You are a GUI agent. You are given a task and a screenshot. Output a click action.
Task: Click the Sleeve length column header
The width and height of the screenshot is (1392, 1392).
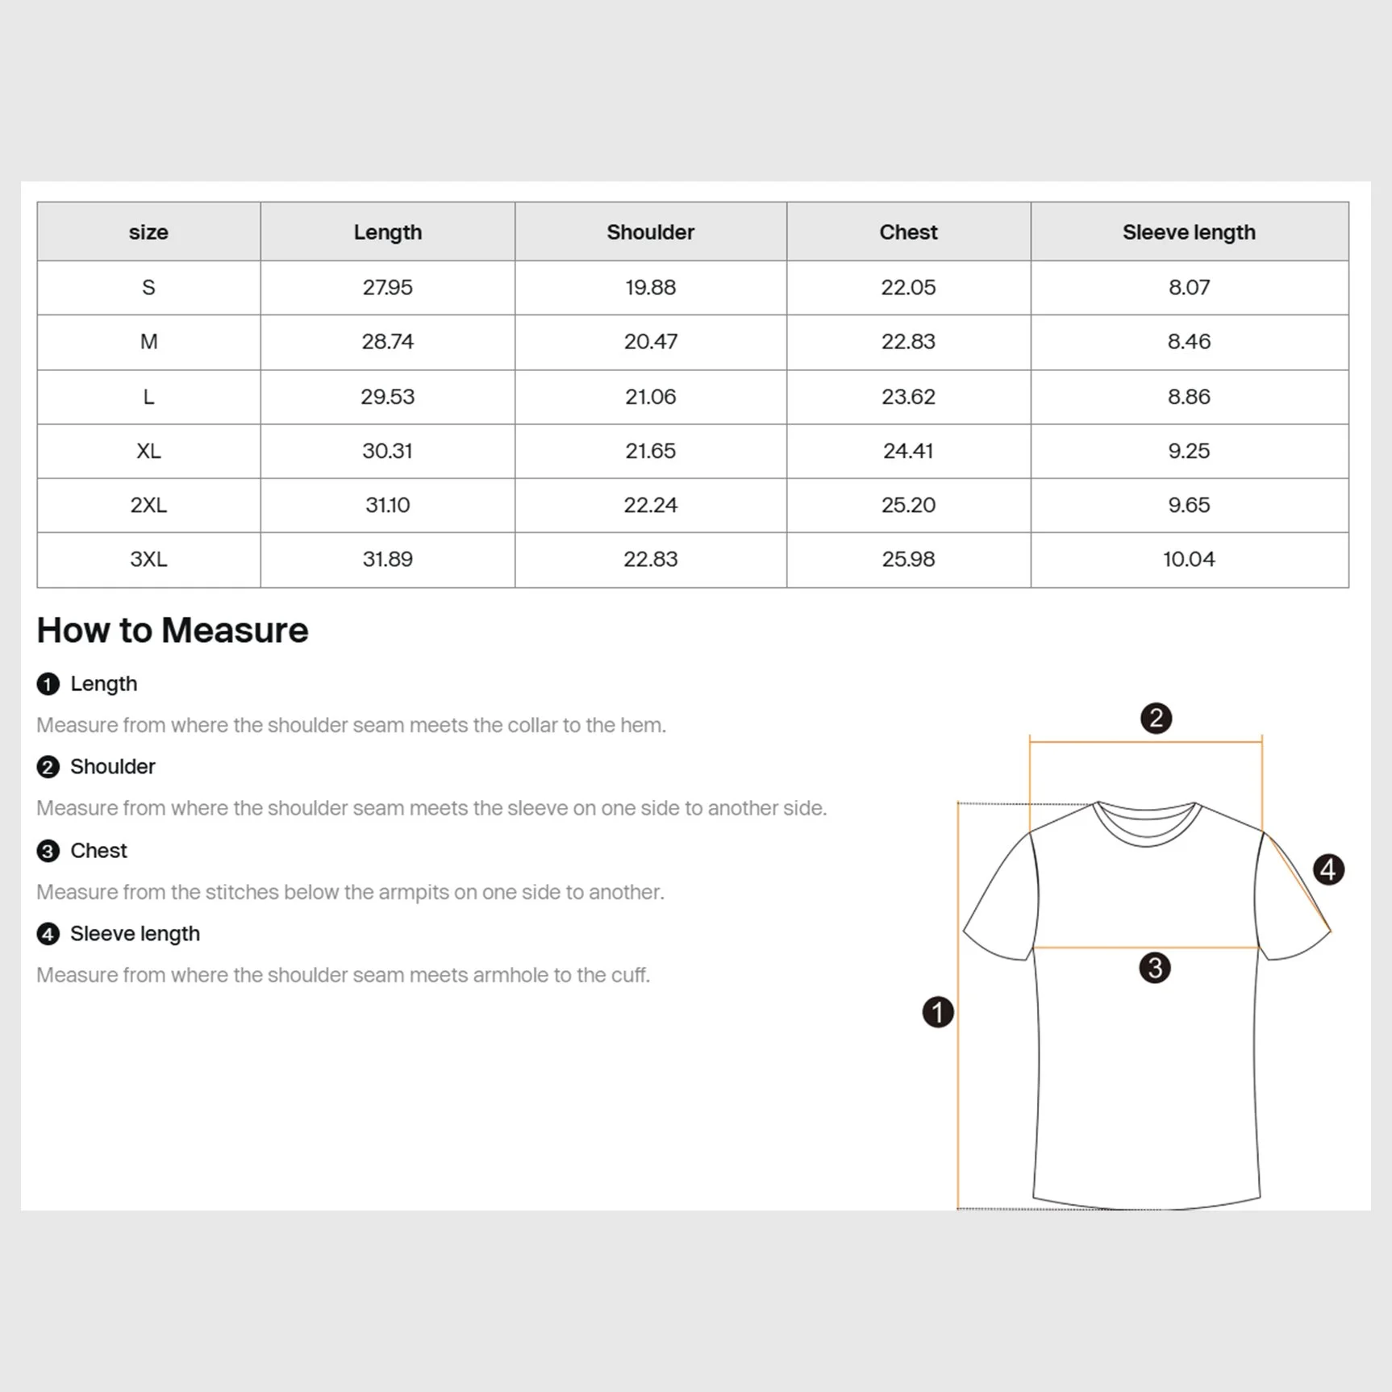click(x=1189, y=232)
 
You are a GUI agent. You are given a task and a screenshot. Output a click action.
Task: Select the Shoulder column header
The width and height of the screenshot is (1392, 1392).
click(x=650, y=232)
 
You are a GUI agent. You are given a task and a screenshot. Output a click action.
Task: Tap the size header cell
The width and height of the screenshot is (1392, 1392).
click(x=148, y=232)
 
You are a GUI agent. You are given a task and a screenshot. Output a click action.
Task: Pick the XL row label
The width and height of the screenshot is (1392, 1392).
click(x=148, y=451)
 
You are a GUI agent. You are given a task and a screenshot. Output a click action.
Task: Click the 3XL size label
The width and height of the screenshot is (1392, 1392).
click(x=148, y=559)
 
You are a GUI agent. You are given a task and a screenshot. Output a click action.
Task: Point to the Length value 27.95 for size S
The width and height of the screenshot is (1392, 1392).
click(x=387, y=287)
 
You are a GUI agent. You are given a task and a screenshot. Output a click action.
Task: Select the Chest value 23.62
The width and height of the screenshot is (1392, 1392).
click(x=908, y=397)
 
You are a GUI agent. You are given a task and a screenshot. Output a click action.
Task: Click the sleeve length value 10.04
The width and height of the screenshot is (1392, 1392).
click(x=1189, y=559)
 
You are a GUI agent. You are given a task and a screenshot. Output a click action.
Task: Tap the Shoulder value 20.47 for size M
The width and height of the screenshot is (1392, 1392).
click(x=650, y=341)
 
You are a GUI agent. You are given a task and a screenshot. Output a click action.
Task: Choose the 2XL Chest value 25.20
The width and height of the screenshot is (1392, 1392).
click(x=908, y=505)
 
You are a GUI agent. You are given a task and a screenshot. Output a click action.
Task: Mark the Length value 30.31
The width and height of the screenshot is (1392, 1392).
click(x=387, y=451)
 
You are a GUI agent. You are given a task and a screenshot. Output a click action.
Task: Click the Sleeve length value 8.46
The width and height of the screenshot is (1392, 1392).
click(x=1189, y=341)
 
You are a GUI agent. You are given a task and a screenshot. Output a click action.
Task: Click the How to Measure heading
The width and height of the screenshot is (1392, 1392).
click(x=173, y=630)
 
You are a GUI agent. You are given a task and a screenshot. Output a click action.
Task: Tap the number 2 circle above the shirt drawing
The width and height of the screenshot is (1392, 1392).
click(x=1156, y=718)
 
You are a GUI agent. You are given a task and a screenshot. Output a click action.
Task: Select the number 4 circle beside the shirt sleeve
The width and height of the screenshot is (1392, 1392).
click(x=1328, y=869)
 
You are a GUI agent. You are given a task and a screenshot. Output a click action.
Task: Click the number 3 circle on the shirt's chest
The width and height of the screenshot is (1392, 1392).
click(x=1155, y=967)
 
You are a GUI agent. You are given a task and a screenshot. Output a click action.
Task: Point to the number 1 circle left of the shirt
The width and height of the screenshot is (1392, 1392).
click(x=938, y=1012)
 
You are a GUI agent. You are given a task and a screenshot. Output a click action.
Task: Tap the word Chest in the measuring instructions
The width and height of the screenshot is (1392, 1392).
click(x=98, y=851)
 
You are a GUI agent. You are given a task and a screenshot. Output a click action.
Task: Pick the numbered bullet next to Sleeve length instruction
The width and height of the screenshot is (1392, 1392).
click(x=48, y=934)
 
